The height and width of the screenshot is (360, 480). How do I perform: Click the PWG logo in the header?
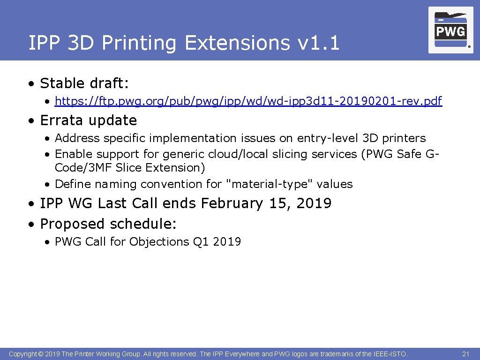450,30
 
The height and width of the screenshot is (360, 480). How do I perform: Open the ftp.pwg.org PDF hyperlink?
248,101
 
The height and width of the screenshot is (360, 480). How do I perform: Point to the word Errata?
62,120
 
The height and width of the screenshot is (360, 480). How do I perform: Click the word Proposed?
73,224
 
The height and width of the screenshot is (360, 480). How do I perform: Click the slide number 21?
465,354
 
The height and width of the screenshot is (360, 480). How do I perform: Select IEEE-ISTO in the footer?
391,354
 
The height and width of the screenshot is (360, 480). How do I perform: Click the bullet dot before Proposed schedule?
31,225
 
